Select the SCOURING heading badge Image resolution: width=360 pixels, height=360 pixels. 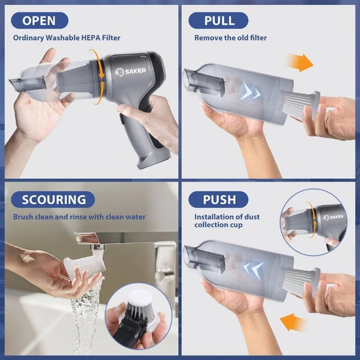coord(53,199)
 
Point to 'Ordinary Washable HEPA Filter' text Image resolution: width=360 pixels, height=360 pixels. coord(66,38)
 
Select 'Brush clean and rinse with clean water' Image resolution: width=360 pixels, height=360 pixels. coord(79,217)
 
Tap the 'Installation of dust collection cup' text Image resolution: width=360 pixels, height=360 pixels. coord(227,221)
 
